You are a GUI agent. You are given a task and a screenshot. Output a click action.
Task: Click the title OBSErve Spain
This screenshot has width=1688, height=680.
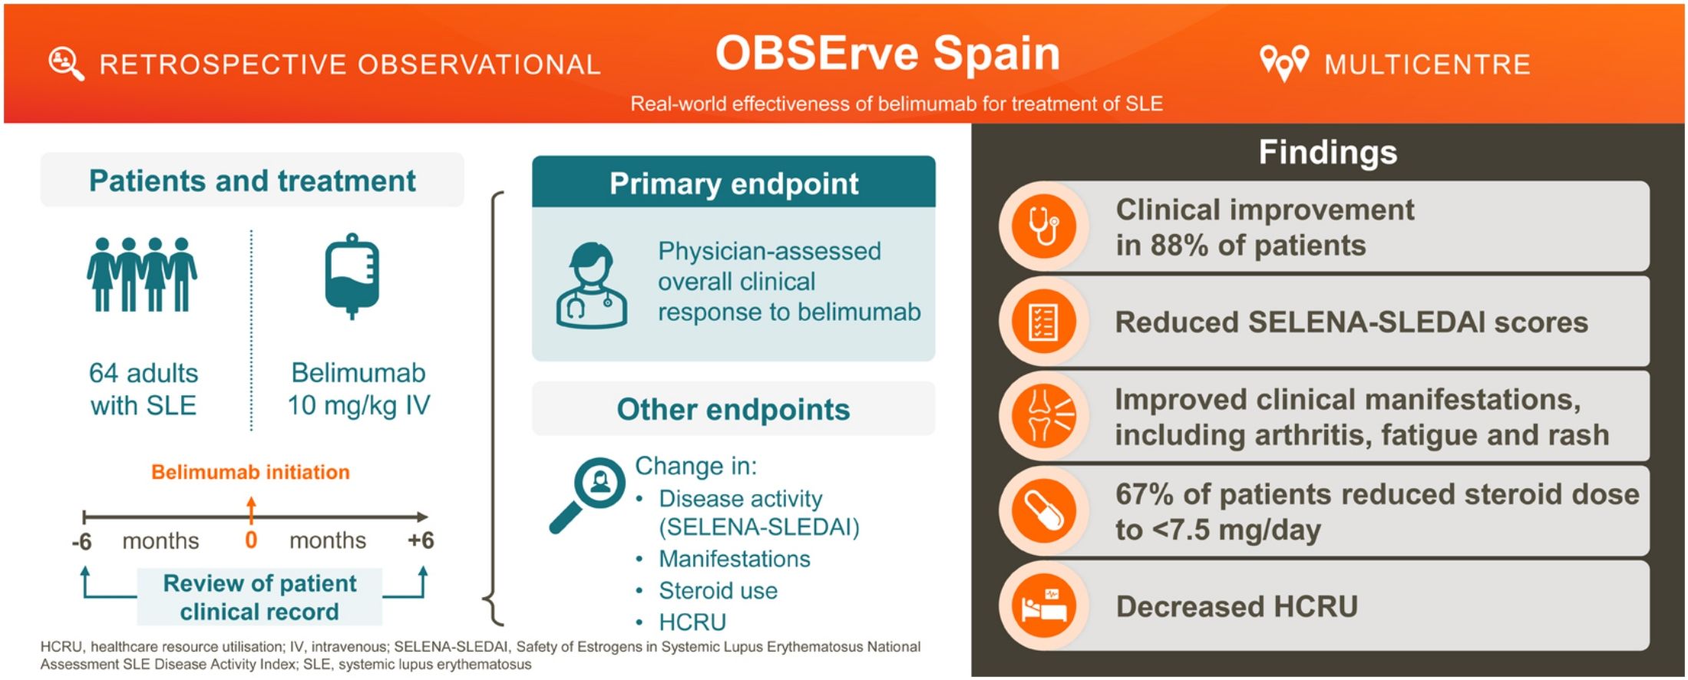click(x=887, y=54)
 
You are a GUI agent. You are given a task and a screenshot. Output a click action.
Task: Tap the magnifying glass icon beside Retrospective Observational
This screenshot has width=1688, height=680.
click(x=66, y=64)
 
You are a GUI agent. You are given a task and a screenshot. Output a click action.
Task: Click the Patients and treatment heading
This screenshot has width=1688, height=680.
click(x=252, y=180)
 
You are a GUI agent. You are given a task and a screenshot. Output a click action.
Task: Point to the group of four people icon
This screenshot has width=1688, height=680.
click(x=142, y=274)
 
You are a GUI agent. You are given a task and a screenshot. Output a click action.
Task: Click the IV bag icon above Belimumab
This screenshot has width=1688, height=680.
click(x=352, y=276)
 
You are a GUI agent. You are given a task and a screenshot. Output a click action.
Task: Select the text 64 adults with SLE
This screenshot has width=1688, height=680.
click(x=144, y=389)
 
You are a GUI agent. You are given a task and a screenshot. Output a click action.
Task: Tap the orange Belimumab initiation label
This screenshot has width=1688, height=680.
click(x=250, y=472)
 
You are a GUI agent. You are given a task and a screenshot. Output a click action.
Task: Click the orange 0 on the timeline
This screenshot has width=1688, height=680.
click(x=251, y=540)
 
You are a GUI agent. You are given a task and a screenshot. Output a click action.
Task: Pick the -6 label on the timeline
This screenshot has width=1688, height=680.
click(x=81, y=542)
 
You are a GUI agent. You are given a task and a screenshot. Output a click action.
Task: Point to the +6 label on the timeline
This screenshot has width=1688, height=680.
click(x=421, y=540)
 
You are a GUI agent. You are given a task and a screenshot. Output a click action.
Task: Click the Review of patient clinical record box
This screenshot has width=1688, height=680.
click(x=259, y=597)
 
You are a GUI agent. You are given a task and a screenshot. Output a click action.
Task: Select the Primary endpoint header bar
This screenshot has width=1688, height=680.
click(x=734, y=183)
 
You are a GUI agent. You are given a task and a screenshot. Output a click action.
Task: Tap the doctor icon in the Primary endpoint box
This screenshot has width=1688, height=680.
click(x=591, y=286)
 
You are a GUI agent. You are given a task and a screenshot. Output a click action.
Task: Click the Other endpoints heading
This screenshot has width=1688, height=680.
click(x=733, y=409)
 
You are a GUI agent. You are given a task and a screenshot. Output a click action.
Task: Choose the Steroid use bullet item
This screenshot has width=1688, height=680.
click(x=718, y=590)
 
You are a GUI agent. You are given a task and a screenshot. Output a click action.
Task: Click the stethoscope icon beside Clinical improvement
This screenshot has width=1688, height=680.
click(x=1044, y=226)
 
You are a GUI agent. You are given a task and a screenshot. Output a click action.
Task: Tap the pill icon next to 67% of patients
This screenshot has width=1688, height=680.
click(x=1044, y=510)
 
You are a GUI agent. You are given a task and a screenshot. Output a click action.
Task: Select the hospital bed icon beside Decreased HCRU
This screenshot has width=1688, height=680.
click(x=1044, y=606)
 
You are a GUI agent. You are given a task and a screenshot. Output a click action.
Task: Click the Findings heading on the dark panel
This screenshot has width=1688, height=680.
click(x=1328, y=152)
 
